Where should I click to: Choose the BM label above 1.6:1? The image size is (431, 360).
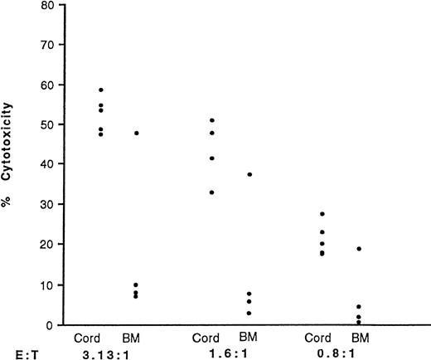pyautogui.click(x=249, y=338)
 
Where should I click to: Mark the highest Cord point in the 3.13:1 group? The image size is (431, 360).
pyautogui.click(x=102, y=90)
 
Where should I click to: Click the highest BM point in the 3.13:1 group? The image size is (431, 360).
pyautogui.click(x=136, y=133)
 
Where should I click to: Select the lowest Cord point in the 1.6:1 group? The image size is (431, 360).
pyautogui.click(x=212, y=192)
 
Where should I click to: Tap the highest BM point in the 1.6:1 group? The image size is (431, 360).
pyautogui.click(x=249, y=174)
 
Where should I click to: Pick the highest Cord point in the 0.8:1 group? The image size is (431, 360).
pyautogui.click(x=322, y=214)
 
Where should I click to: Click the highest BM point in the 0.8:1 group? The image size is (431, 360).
pyautogui.click(x=359, y=249)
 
